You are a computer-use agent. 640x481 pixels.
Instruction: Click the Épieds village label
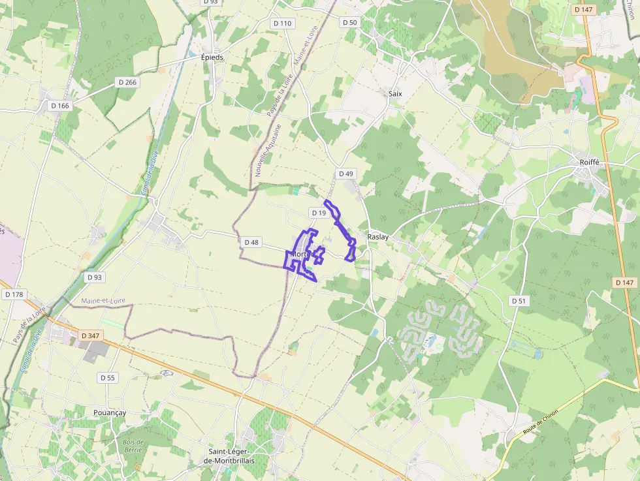pyautogui.click(x=212, y=57)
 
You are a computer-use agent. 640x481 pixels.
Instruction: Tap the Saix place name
pyautogui.click(x=395, y=93)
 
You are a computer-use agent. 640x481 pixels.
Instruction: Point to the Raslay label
pyautogui.click(x=378, y=237)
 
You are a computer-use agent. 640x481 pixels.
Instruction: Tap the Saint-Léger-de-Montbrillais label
pyautogui.click(x=231, y=456)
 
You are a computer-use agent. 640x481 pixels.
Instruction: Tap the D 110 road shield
pyautogui.click(x=283, y=23)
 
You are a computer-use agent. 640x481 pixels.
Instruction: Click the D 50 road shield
pyautogui.click(x=350, y=22)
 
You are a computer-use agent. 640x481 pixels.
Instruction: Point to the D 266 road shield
pyautogui.click(x=127, y=82)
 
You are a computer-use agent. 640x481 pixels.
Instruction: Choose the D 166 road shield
pyautogui.click(x=59, y=106)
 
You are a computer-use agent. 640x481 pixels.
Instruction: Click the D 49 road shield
pyautogui.click(x=345, y=174)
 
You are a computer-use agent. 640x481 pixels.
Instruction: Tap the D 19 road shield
pyautogui.click(x=318, y=213)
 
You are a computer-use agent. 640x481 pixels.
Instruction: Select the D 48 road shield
pyautogui.click(x=251, y=242)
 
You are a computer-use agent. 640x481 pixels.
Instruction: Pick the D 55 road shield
pyautogui.click(x=108, y=378)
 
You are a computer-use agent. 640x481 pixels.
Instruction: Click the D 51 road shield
pyautogui.click(x=519, y=301)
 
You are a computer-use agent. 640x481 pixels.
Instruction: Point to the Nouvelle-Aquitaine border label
pyautogui.click(x=268, y=151)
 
